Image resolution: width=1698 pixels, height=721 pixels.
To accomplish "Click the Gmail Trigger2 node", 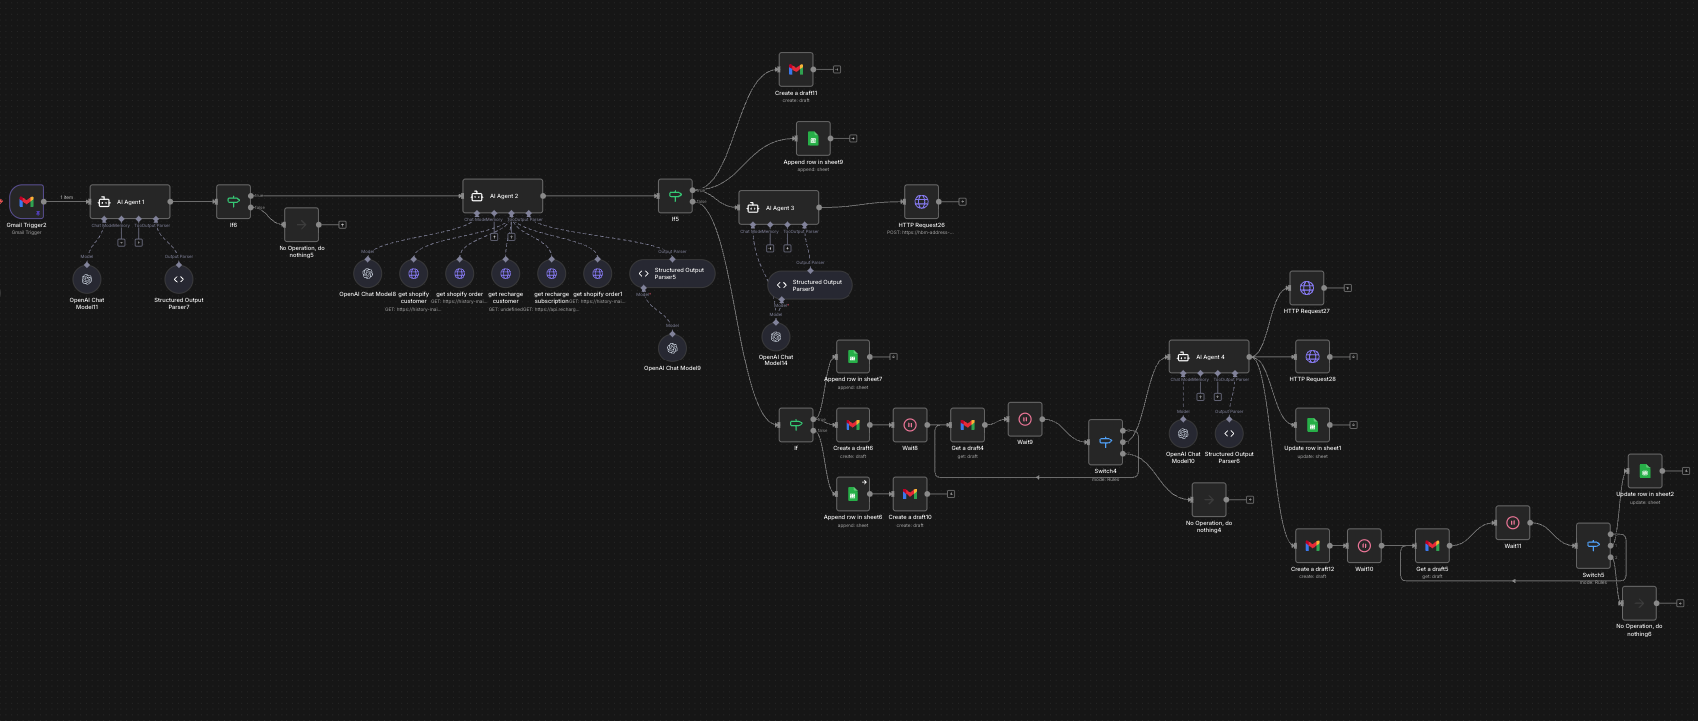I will click(x=27, y=201).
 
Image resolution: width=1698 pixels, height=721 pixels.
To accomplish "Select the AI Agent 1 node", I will click(x=130, y=201).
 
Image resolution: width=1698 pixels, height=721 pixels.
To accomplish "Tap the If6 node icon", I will click(x=233, y=201).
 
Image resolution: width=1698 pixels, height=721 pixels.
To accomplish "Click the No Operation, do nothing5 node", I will click(x=301, y=225).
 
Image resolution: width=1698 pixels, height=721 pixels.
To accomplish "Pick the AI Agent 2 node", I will click(x=503, y=196).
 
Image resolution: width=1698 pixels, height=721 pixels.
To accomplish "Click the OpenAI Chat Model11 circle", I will click(x=87, y=280).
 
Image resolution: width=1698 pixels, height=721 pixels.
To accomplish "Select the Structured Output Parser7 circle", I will click(x=179, y=279).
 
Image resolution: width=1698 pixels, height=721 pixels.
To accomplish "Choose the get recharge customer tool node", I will click(x=505, y=273).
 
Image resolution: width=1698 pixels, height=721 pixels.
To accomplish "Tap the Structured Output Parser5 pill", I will click(x=672, y=273).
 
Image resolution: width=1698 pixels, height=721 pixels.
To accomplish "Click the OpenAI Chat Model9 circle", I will click(x=672, y=348).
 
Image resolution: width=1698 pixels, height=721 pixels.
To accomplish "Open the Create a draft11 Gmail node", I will click(x=796, y=70).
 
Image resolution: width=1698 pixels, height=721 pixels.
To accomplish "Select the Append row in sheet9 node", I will click(x=813, y=138).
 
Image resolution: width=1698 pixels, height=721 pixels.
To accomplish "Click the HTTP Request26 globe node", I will click(x=921, y=202).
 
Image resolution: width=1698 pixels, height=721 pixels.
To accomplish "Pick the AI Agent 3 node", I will click(x=779, y=208).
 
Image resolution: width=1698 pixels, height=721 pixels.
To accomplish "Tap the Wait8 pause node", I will click(x=910, y=425).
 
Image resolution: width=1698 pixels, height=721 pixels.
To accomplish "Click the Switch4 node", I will click(x=1105, y=442).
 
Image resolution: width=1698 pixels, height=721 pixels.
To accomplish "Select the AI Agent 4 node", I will click(x=1209, y=357).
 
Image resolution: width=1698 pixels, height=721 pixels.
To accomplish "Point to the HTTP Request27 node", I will click(x=1307, y=288).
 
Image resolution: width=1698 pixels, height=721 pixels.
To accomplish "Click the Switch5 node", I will click(x=1593, y=545).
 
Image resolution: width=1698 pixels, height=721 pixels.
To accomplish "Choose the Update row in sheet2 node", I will click(x=1645, y=471).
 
